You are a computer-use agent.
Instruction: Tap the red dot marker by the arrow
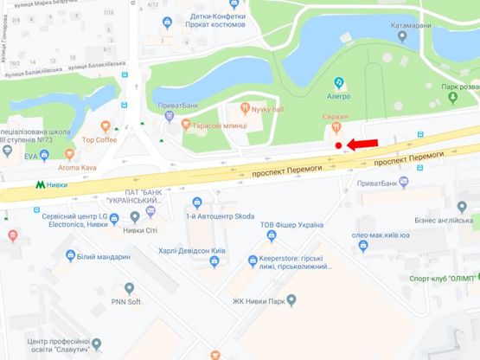(x=340, y=145)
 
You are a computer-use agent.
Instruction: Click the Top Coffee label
(x=99, y=138)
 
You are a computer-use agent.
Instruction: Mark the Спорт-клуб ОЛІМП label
(x=445, y=280)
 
